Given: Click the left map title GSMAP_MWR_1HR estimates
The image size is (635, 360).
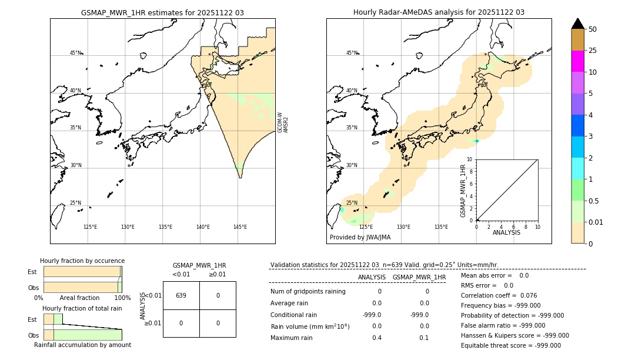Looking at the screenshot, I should [x=162, y=12].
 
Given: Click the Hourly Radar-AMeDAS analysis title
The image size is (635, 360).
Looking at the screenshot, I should [x=439, y=12].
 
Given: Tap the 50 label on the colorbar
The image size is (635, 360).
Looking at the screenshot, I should [x=593, y=29].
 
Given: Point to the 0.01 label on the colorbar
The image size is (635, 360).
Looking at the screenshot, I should [x=596, y=222].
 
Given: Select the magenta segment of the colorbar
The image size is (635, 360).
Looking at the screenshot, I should [x=577, y=61].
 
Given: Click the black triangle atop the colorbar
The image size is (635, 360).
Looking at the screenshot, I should [x=577, y=24].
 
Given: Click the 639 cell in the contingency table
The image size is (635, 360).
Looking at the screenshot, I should [x=181, y=295].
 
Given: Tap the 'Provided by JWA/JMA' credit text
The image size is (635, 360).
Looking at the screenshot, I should [x=360, y=237].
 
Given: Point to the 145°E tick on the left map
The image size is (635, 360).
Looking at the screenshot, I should [x=240, y=227].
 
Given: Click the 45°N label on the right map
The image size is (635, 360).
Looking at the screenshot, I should [x=351, y=53].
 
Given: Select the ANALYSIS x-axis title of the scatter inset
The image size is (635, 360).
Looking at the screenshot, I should [x=506, y=232].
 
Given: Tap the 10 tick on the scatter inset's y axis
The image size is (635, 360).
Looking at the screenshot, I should [x=470, y=159].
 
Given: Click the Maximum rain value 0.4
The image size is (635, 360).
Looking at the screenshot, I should [x=376, y=338].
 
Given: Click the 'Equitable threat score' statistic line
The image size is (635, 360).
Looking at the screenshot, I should [x=510, y=345].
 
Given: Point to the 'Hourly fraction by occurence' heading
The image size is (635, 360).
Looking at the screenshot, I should [x=82, y=261].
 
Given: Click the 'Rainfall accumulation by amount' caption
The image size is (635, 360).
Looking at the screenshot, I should [x=82, y=345].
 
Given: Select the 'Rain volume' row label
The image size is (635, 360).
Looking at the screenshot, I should [x=310, y=326].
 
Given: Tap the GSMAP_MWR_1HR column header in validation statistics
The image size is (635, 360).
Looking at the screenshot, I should [x=419, y=277].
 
